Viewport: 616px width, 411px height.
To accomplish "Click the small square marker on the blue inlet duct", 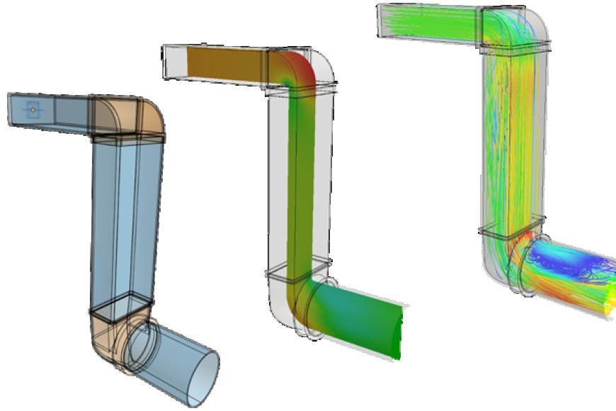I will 32,108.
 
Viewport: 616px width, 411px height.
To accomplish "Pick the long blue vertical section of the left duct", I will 124,220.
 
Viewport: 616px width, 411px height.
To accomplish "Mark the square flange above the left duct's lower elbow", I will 120,306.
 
